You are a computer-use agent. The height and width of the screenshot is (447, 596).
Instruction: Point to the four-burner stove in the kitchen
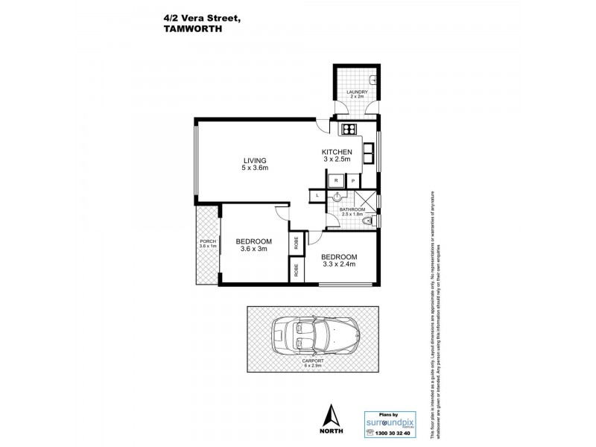click(349, 130)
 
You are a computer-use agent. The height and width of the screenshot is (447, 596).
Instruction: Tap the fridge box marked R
click(337, 181)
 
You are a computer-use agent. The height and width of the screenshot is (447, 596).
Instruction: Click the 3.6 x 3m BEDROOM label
click(254, 245)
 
